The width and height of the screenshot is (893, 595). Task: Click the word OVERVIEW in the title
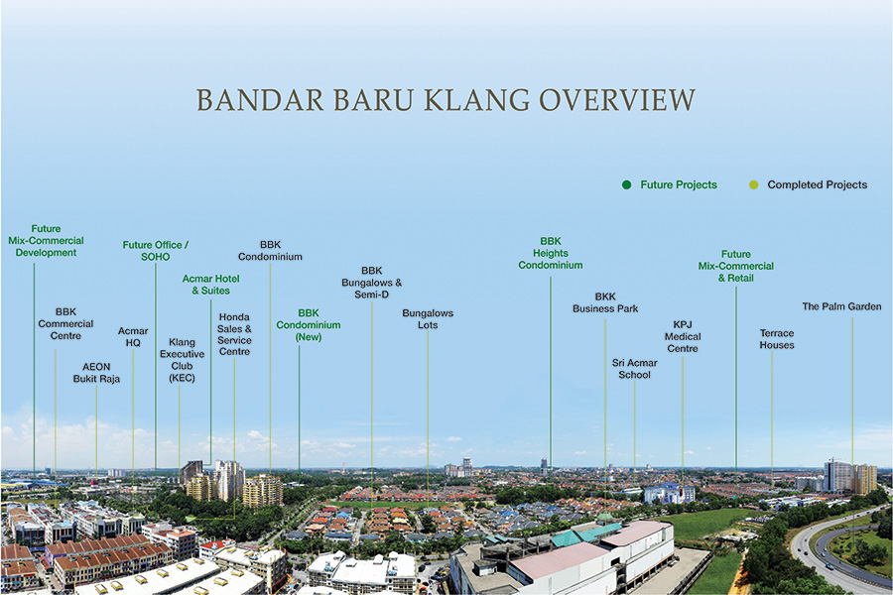click(617, 100)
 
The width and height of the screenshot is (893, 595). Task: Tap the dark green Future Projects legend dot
click(626, 184)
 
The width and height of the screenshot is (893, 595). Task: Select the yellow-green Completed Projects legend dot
click(753, 184)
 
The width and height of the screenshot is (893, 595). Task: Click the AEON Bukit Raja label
click(96, 373)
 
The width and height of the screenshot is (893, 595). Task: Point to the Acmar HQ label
click(133, 336)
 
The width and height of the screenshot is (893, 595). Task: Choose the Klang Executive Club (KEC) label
click(182, 360)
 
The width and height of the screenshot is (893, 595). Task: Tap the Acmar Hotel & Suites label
click(210, 285)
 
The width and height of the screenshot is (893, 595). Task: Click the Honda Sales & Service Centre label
click(234, 334)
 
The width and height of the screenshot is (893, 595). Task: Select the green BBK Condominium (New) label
click(309, 325)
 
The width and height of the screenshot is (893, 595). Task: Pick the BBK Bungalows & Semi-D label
click(371, 283)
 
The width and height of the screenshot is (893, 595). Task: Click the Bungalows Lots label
click(428, 319)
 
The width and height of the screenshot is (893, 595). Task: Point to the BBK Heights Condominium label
click(550, 253)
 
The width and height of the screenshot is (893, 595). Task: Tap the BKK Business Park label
click(605, 302)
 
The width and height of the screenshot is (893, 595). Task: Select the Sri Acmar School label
click(634, 369)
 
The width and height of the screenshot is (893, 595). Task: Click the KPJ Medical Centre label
click(683, 336)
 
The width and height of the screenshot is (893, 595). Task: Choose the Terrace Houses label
click(777, 339)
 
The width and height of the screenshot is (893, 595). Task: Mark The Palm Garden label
click(841, 306)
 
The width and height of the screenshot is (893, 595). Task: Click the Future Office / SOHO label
click(156, 251)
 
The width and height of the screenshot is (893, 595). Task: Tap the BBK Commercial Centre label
click(65, 324)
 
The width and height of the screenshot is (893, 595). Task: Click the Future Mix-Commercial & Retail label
click(736, 266)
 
